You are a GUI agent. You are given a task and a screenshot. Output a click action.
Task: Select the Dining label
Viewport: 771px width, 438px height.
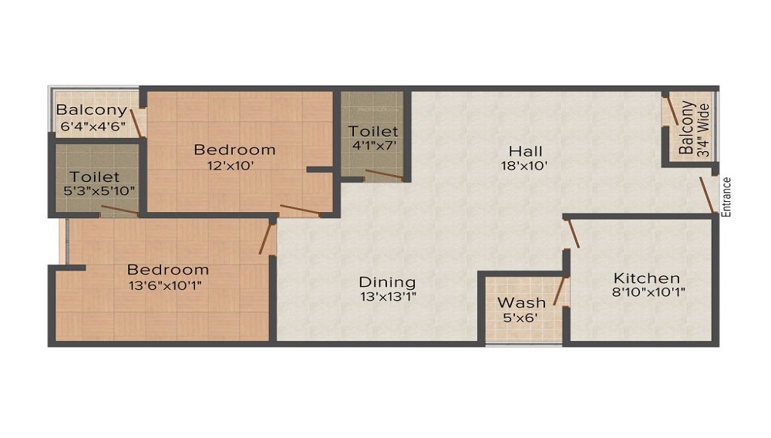[x=388, y=282]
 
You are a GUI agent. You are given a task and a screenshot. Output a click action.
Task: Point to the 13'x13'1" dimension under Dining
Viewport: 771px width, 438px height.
[x=388, y=296]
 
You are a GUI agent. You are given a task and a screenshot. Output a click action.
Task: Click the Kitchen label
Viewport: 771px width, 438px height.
[x=646, y=278]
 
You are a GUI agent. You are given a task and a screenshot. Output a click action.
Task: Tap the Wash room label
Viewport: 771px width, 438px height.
[x=521, y=302]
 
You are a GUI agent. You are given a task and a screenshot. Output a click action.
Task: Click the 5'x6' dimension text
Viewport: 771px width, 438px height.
[x=521, y=316]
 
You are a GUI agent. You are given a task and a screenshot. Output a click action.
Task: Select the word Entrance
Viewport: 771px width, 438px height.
[x=726, y=197]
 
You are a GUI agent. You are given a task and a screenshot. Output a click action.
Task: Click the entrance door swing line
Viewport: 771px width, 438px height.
[x=705, y=195]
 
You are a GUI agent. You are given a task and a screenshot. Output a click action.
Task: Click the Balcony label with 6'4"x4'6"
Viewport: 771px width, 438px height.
[x=92, y=110]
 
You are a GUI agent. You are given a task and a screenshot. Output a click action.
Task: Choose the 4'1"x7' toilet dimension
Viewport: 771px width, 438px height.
[x=373, y=145]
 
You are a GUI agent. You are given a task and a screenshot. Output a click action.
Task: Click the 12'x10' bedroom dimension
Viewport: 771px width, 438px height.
[x=234, y=164]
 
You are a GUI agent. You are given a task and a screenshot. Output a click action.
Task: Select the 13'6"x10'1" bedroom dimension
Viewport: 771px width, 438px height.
[x=168, y=285]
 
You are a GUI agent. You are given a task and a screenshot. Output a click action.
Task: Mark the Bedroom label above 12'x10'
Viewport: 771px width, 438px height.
[x=234, y=150]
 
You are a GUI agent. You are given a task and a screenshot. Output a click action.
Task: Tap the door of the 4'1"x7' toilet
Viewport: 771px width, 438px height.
[x=384, y=175]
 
